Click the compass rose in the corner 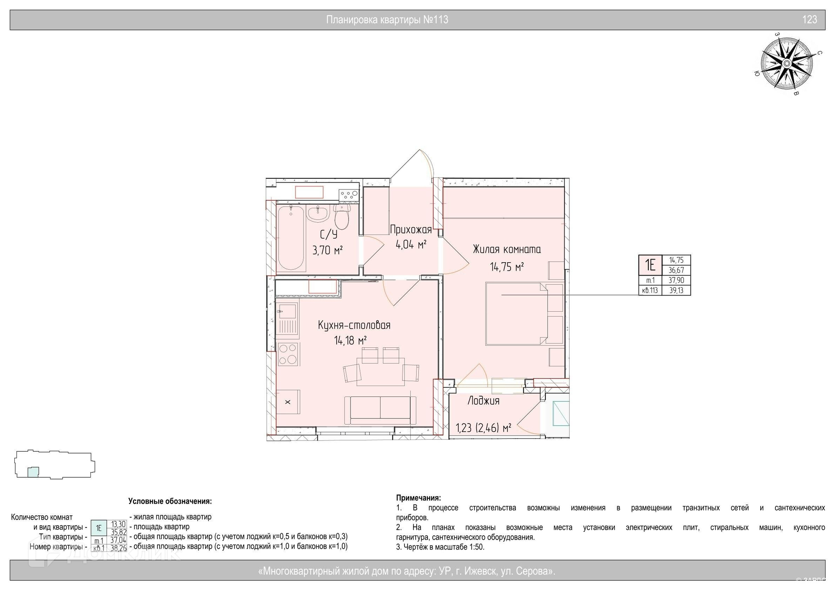coord(786,64)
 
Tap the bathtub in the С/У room coord(291,238)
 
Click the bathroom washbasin coord(318,213)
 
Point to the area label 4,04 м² coord(411,244)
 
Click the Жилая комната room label coord(507,250)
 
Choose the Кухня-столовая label coord(354,325)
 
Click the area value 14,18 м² coord(350,340)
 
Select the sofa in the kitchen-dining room coord(381,410)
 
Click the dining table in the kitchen coord(381,372)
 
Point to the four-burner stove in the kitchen coord(287,354)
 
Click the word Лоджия coord(483,401)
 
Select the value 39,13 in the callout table coord(676,290)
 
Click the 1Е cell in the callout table coord(650,265)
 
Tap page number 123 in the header coord(809,20)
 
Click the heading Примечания coord(418,498)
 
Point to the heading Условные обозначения coord(170,501)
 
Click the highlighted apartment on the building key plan coord(33,472)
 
